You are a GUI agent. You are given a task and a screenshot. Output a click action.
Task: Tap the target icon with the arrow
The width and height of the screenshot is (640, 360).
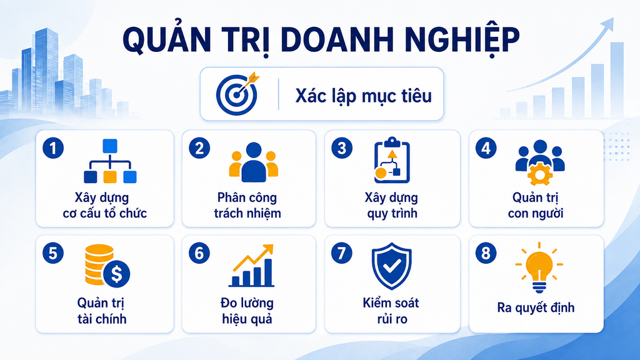click(x=237, y=94)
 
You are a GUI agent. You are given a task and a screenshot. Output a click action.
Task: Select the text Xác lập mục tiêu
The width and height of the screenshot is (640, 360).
click(x=363, y=96)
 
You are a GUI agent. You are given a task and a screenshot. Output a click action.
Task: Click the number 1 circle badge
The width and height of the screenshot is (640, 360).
click(x=53, y=147)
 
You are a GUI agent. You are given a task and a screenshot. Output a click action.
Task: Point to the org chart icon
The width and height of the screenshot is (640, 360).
click(x=110, y=161)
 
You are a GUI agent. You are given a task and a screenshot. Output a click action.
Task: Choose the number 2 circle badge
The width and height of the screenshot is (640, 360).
click(x=199, y=147)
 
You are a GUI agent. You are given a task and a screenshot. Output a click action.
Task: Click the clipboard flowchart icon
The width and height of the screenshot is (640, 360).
click(x=392, y=161)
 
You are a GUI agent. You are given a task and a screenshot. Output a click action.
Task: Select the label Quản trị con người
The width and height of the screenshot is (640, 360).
click(x=536, y=205)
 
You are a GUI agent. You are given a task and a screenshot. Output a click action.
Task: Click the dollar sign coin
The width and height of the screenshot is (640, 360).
click(x=116, y=274)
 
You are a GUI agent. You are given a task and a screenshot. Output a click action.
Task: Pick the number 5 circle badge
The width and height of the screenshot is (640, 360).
click(x=53, y=253)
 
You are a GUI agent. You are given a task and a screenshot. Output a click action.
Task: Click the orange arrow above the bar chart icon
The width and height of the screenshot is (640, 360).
click(x=253, y=257)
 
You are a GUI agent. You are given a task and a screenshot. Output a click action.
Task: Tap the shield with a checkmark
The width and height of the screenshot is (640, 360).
click(x=391, y=266)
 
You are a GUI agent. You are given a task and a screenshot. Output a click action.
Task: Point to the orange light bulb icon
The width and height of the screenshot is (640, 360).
click(x=539, y=267)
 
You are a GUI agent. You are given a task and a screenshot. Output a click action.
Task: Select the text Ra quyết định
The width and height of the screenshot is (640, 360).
click(x=536, y=307)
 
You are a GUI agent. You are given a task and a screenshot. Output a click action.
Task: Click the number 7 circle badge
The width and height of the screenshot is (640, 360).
click(x=342, y=253)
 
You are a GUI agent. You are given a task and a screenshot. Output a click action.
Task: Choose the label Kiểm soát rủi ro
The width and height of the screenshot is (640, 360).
click(x=391, y=311)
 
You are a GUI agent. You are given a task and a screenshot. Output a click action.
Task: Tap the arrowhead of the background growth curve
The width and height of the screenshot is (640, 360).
click(x=609, y=23)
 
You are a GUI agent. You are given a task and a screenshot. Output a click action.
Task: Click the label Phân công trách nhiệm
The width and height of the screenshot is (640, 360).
click(x=247, y=205)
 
